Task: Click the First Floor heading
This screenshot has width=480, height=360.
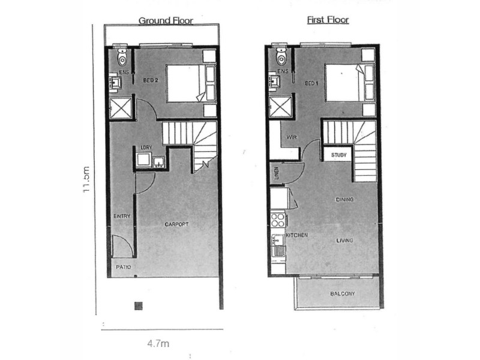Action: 328,20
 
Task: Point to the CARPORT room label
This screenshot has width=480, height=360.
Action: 177,224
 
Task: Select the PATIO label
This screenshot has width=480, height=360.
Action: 124,267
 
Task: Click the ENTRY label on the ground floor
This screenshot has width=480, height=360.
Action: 122,216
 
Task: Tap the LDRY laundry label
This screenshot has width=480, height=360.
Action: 145,147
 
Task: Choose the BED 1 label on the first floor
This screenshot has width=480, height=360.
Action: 311,83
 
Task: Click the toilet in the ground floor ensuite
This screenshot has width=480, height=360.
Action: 122,58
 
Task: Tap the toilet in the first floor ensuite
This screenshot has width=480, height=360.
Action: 281,56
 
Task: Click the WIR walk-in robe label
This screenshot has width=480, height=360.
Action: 292,137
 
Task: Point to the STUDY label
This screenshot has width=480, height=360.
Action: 338,155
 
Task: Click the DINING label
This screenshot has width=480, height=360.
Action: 344,199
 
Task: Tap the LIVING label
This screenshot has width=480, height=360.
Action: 344,241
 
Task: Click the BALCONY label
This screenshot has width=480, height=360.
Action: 343,294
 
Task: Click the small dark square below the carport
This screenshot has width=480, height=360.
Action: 138,306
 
